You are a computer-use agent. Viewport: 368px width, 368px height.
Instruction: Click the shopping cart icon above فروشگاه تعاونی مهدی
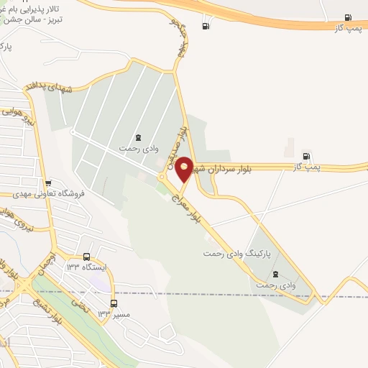pyautogui.click(x=48, y=183)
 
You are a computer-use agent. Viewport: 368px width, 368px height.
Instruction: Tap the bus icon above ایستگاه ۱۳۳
pyautogui.click(x=87, y=257)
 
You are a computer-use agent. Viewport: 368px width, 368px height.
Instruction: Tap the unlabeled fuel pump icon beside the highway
pyautogui.click(x=206, y=27)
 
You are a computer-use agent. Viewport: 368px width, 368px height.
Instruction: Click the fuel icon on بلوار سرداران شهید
pyautogui.click(x=307, y=156)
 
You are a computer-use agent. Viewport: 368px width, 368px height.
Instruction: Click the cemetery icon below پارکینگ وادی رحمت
pyautogui.click(x=276, y=274)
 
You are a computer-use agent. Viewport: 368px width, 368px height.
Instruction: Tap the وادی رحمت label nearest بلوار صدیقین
pyautogui.click(x=138, y=147)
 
